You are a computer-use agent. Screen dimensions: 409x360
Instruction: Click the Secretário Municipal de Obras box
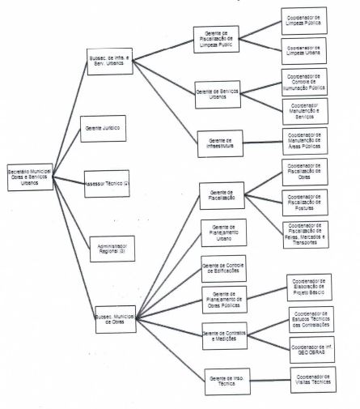(x=31, y=178)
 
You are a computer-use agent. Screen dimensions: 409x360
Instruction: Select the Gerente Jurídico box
(x=102, y=130)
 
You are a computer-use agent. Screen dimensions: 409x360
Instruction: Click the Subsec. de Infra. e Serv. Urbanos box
(x=111, y=63)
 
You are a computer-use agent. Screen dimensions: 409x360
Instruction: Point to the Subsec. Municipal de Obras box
(x=114, y=319)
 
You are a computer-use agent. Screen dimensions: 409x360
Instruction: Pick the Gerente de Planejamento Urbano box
(x=222, y=232)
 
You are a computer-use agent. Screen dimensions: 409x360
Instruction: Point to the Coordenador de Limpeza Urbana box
(x=303, y=50)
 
